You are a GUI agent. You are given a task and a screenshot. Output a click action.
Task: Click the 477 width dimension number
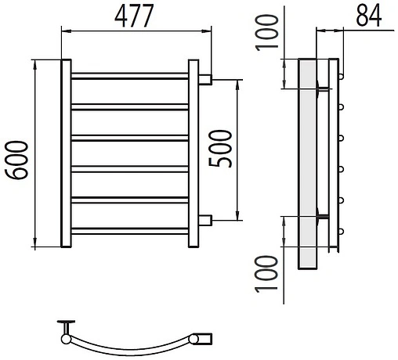(134, 16)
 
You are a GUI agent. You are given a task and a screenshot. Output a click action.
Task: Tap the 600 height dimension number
(16, 160)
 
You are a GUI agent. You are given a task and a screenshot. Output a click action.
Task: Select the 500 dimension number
(220, 149)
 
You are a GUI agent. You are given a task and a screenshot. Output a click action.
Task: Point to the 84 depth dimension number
(369, 16)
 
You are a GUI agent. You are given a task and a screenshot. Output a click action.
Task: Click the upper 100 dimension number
(266, 33)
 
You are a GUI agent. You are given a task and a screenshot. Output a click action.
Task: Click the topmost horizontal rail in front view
(130, 76)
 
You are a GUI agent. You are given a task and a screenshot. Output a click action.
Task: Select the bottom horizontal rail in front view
(130, 231)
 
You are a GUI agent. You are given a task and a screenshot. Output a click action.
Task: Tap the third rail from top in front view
(130, 138)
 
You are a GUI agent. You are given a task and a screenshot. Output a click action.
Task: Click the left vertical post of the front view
(66, 153)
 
